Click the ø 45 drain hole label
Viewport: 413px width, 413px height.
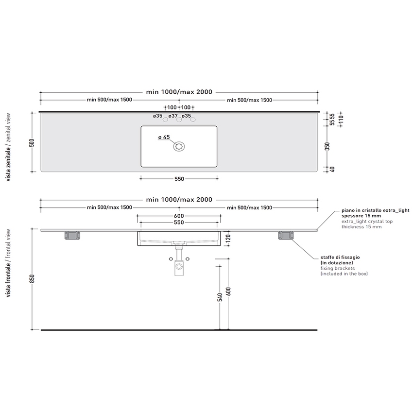coord(164,137)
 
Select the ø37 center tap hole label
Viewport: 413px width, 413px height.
coord(173,116)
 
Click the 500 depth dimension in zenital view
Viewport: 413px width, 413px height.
coord(32,142)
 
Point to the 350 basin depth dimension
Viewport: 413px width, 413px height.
coord(327,146)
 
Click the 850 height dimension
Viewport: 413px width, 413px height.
coord(32,279)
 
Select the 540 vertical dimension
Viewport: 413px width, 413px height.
coord(220,297)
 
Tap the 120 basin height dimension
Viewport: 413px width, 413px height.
coord(228,238)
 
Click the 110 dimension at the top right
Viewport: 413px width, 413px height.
coord(341,119)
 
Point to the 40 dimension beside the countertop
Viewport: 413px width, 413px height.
coord(332,170)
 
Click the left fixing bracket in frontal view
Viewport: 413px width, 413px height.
coord(72,236)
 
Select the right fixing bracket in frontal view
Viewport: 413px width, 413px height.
coord(286,236)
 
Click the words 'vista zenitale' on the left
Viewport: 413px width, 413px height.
coord(8,164)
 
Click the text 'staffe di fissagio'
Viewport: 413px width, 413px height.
coord(340,258)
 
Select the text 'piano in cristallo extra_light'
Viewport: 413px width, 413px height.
coord(376,210)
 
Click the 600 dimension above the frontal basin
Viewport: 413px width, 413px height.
coord(179,216)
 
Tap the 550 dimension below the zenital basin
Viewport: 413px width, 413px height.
coord(179,179)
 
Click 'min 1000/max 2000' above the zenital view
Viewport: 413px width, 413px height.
coord(179,92)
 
